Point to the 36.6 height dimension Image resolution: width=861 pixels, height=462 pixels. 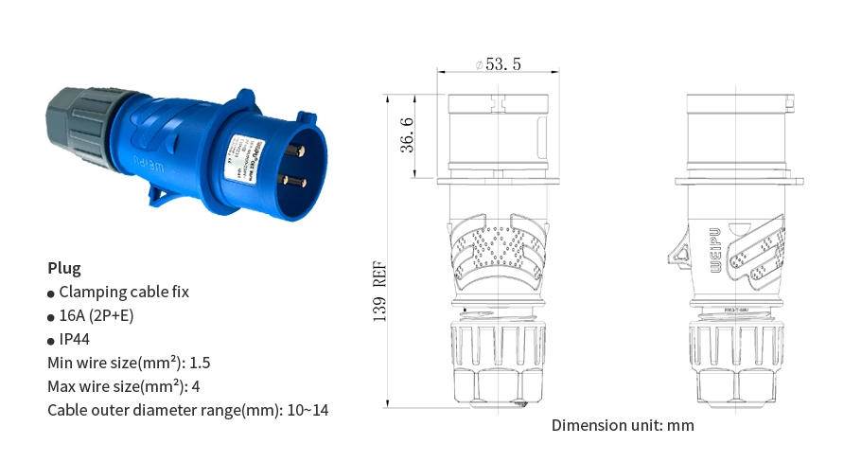[407, 134]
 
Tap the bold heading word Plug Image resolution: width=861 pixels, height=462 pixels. [64, 268]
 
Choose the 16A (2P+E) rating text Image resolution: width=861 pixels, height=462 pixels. [97, 315]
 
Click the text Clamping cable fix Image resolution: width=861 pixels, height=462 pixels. [124, 292]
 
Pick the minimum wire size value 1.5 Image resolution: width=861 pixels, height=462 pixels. [201, 363]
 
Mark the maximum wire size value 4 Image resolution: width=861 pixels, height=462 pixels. [196, 386]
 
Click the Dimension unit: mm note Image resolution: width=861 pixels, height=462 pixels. [623, 425]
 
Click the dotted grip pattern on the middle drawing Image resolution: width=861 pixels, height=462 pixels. [498, 248]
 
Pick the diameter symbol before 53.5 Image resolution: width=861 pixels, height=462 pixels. [480, 64]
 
